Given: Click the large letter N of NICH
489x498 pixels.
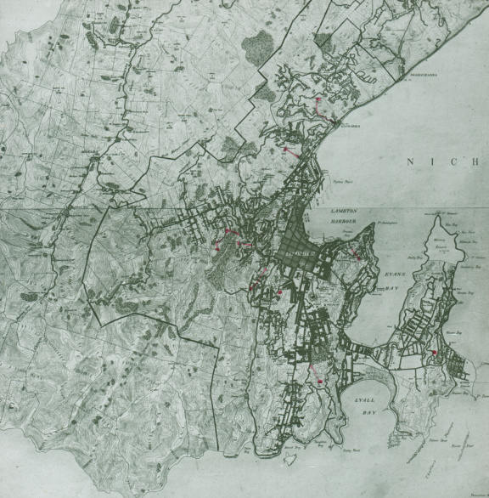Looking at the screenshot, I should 412,161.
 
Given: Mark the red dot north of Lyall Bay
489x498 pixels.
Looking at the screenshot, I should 318,382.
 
